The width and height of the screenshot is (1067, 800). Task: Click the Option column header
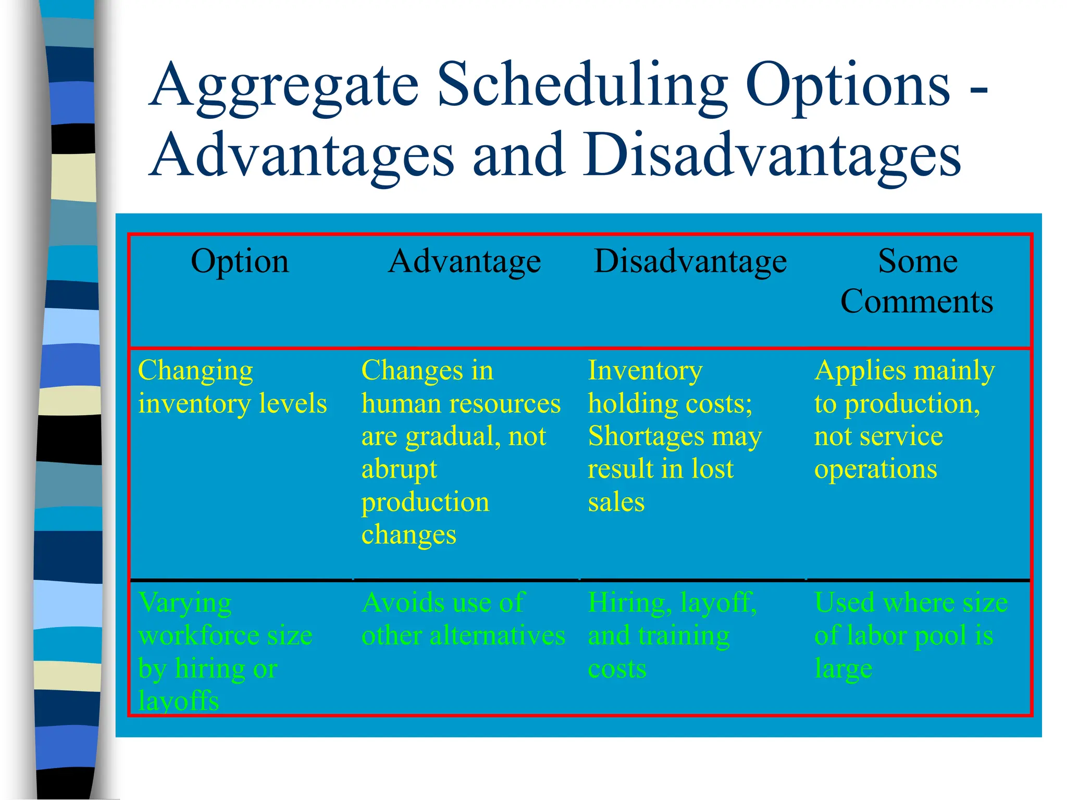click(240, 261)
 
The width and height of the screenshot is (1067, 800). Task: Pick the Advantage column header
click(465, 261)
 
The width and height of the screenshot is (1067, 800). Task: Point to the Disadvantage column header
click(690, 261)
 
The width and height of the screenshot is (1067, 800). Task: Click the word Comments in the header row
click(917, 302)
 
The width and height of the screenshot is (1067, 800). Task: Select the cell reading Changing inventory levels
click(232, 387)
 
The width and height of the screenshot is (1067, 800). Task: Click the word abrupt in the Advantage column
click(399, 469)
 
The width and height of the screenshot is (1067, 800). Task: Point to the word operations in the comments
click(875, 469)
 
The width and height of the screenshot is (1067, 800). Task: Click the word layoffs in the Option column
click(178, 701)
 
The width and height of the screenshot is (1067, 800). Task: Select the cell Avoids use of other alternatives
click(463, 619)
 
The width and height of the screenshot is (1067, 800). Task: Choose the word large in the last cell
click(843, 669)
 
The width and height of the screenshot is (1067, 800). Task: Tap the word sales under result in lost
click(616, 502)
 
